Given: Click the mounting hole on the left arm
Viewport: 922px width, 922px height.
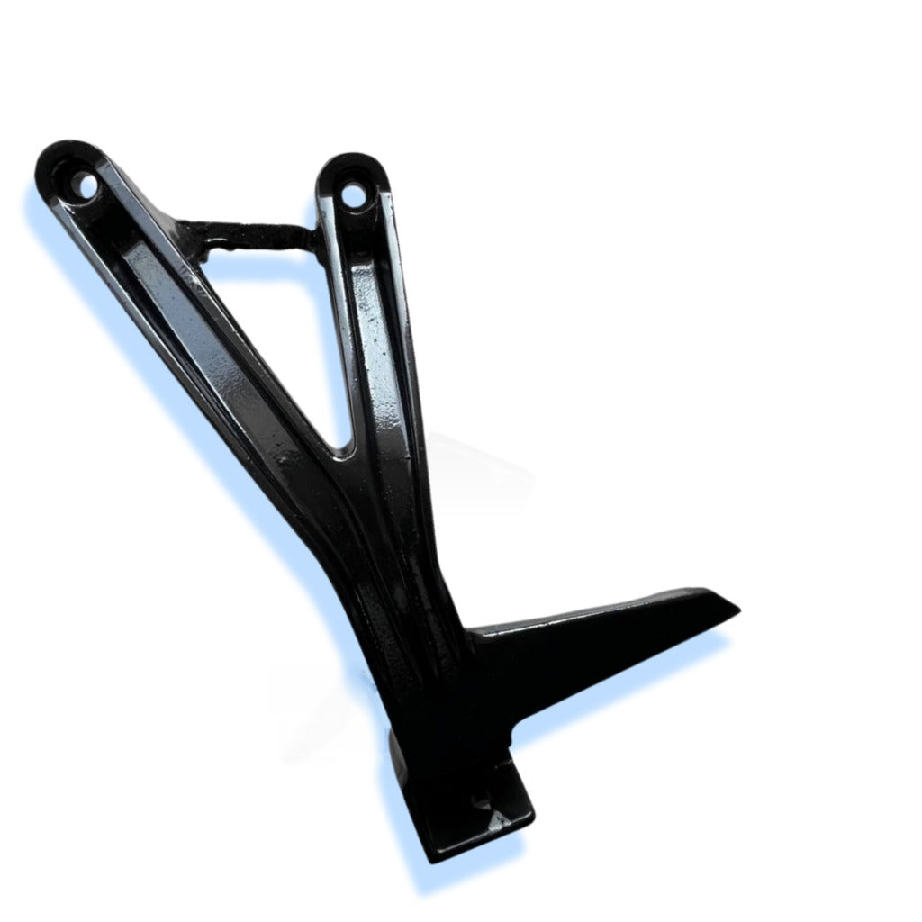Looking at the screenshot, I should [88, 186].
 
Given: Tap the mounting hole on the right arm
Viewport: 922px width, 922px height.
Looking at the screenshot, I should [355, 193].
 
